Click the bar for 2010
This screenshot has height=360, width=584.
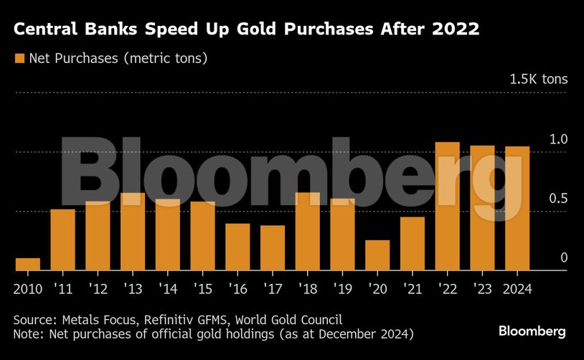(x=28, y=264)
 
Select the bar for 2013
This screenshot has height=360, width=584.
(x=133, y=232)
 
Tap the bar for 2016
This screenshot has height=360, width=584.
(x=237, y=247)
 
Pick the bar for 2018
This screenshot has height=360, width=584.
(x=307, y=232)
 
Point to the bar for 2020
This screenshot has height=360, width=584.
(x=377, y=255)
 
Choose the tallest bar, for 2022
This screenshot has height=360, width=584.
(x=447, y=207)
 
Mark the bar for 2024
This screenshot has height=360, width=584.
(x=517, y=209)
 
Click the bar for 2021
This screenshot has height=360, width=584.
(x=413, y=244)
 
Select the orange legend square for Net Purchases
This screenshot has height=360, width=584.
(x=19, y=58)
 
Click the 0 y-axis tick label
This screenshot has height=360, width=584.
(x=564, y=257)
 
